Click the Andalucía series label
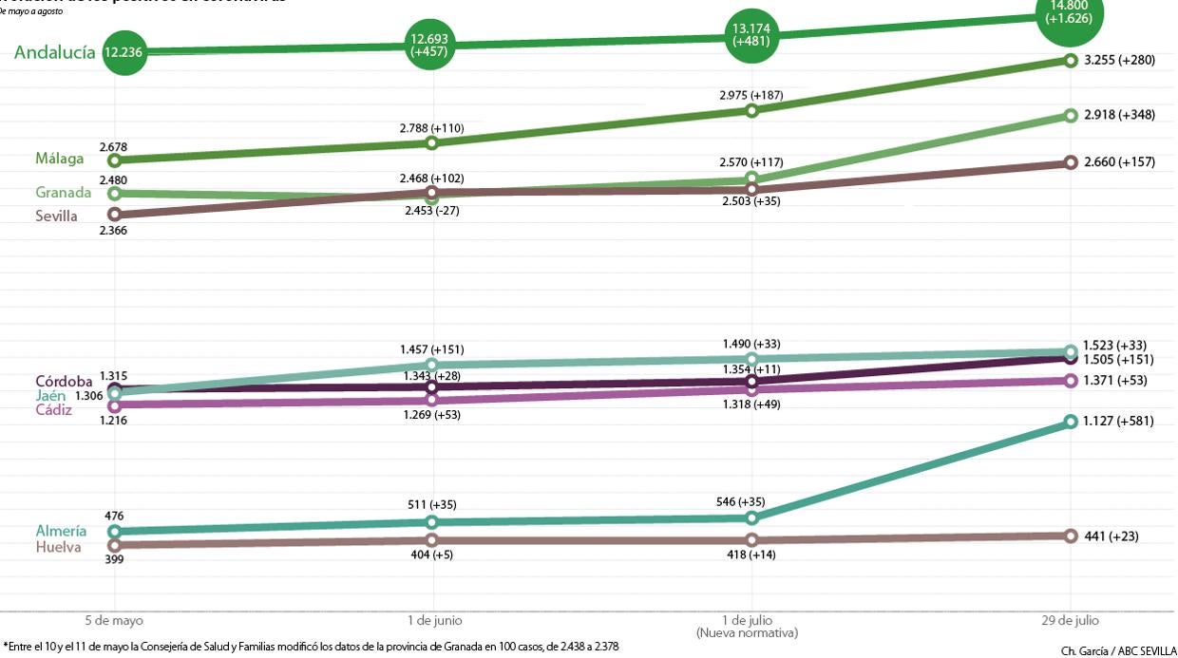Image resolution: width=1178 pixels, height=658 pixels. point(54,52)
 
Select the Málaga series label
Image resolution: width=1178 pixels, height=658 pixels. point(60,159)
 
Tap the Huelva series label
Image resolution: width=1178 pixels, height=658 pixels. point(58,547)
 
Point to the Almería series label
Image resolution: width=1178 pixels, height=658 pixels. point(61,531)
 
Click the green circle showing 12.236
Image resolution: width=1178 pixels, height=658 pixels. point(123,52)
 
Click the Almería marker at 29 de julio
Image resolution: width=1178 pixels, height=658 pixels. point(1071,422)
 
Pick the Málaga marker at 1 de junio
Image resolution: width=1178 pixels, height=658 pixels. point(432,143)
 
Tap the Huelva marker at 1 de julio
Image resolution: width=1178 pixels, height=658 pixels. point(751,540)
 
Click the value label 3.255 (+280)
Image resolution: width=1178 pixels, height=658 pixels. point(1119,60)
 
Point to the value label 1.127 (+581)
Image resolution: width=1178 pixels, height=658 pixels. point(1118,421)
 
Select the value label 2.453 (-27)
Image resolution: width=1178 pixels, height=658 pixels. point(432,211)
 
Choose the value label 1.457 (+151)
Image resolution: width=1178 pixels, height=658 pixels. point(432,349)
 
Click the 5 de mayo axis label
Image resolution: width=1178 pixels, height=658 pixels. point(114,620)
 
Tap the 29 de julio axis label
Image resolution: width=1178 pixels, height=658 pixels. point(1071,620)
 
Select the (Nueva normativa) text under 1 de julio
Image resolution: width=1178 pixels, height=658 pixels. point(747,632)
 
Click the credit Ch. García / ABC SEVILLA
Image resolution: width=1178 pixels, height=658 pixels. point(1117,651)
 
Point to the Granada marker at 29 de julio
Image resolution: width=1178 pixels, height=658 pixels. point(1071,116)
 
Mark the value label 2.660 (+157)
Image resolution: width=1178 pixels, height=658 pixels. point(1119,162)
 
